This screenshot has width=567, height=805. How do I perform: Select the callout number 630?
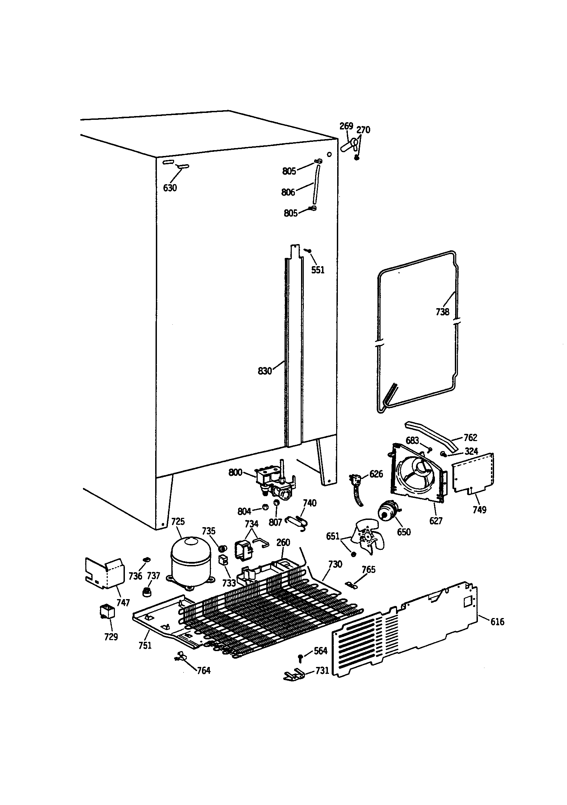170,188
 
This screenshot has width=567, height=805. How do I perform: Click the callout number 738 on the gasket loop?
442,311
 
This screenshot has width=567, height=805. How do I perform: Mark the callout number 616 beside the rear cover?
497,621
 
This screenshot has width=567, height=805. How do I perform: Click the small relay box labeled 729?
107,612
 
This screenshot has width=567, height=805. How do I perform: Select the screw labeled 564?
300,658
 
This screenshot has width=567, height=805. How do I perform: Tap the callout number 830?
265,371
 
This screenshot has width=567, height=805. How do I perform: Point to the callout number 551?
318,270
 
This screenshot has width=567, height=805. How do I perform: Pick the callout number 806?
288,192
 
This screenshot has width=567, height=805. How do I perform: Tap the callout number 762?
470,437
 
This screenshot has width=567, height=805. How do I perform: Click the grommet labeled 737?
146,593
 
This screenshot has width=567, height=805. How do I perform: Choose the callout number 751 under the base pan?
145,645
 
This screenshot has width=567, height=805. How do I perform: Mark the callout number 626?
376,474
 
